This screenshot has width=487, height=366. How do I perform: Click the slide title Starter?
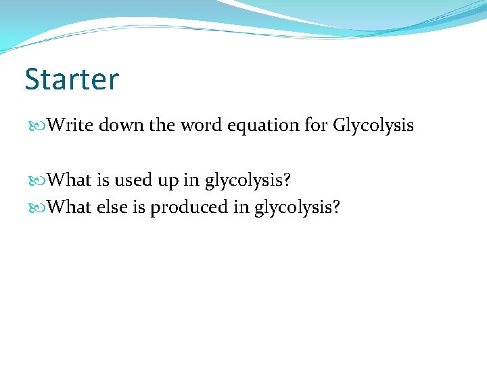[72, 79]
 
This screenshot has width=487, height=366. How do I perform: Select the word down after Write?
[121, 125]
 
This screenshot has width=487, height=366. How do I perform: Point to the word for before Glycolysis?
[318, 125]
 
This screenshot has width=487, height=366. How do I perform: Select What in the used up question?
[71, 180]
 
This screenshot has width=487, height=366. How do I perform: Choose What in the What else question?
[71, 207]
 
